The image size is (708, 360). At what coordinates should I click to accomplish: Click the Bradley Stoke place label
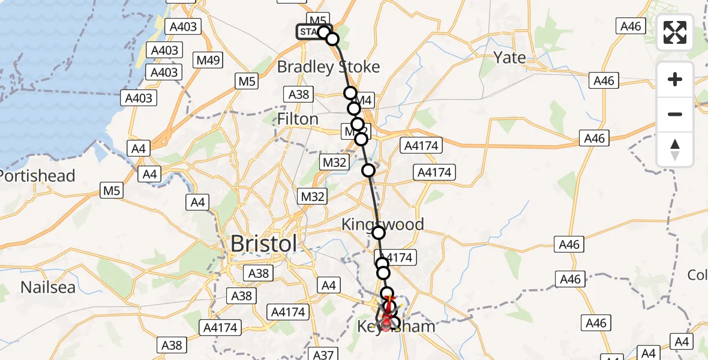(x=328, y=67)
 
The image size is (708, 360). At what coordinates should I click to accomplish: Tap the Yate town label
(x=509, y=58)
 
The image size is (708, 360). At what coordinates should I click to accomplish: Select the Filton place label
(x=298, y=119)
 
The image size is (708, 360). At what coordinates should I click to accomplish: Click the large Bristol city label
(x=263, y=244)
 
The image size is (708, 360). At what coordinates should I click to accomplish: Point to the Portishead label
(x=37, y=176)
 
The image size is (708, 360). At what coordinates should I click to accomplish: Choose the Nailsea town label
(x=48, y=287)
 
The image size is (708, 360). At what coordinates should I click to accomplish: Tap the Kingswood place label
(x=382, y=224)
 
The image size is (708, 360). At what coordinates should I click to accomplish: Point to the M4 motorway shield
(x=364, y=101)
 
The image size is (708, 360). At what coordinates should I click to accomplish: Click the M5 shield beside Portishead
(x=112, y=191)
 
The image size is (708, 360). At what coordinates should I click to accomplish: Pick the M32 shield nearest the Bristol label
(x=312, y=196)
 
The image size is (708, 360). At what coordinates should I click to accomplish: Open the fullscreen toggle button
(x=675, y=33)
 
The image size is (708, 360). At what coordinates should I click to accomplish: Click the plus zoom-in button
(x=675, y=79)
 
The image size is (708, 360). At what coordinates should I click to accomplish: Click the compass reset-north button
(x=675, y=148)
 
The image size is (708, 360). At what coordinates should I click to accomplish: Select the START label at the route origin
(x=309, y=32)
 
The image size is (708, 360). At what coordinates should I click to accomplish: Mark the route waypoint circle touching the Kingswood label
(x=378, y=233)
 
